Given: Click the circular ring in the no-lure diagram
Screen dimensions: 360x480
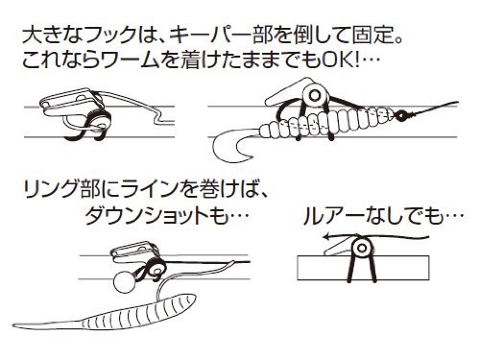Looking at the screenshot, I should tap(361, 252).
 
